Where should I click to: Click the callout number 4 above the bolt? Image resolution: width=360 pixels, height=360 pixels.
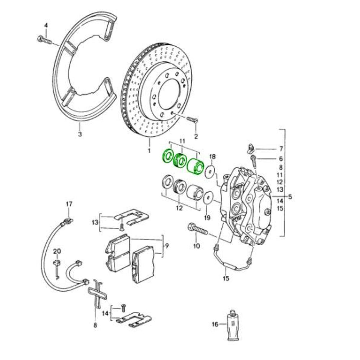pos(46,25)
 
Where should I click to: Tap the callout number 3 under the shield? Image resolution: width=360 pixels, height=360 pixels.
pos(80,134)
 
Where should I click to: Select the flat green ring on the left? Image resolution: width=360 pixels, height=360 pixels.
pos(167,156)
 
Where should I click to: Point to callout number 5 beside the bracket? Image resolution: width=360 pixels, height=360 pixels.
pos(290,197)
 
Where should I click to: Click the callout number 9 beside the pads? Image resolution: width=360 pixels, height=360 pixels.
pos(167,245)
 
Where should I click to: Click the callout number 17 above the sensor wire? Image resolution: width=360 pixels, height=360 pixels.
pos(69,205)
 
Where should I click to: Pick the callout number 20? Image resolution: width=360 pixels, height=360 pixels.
pos(57,251)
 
